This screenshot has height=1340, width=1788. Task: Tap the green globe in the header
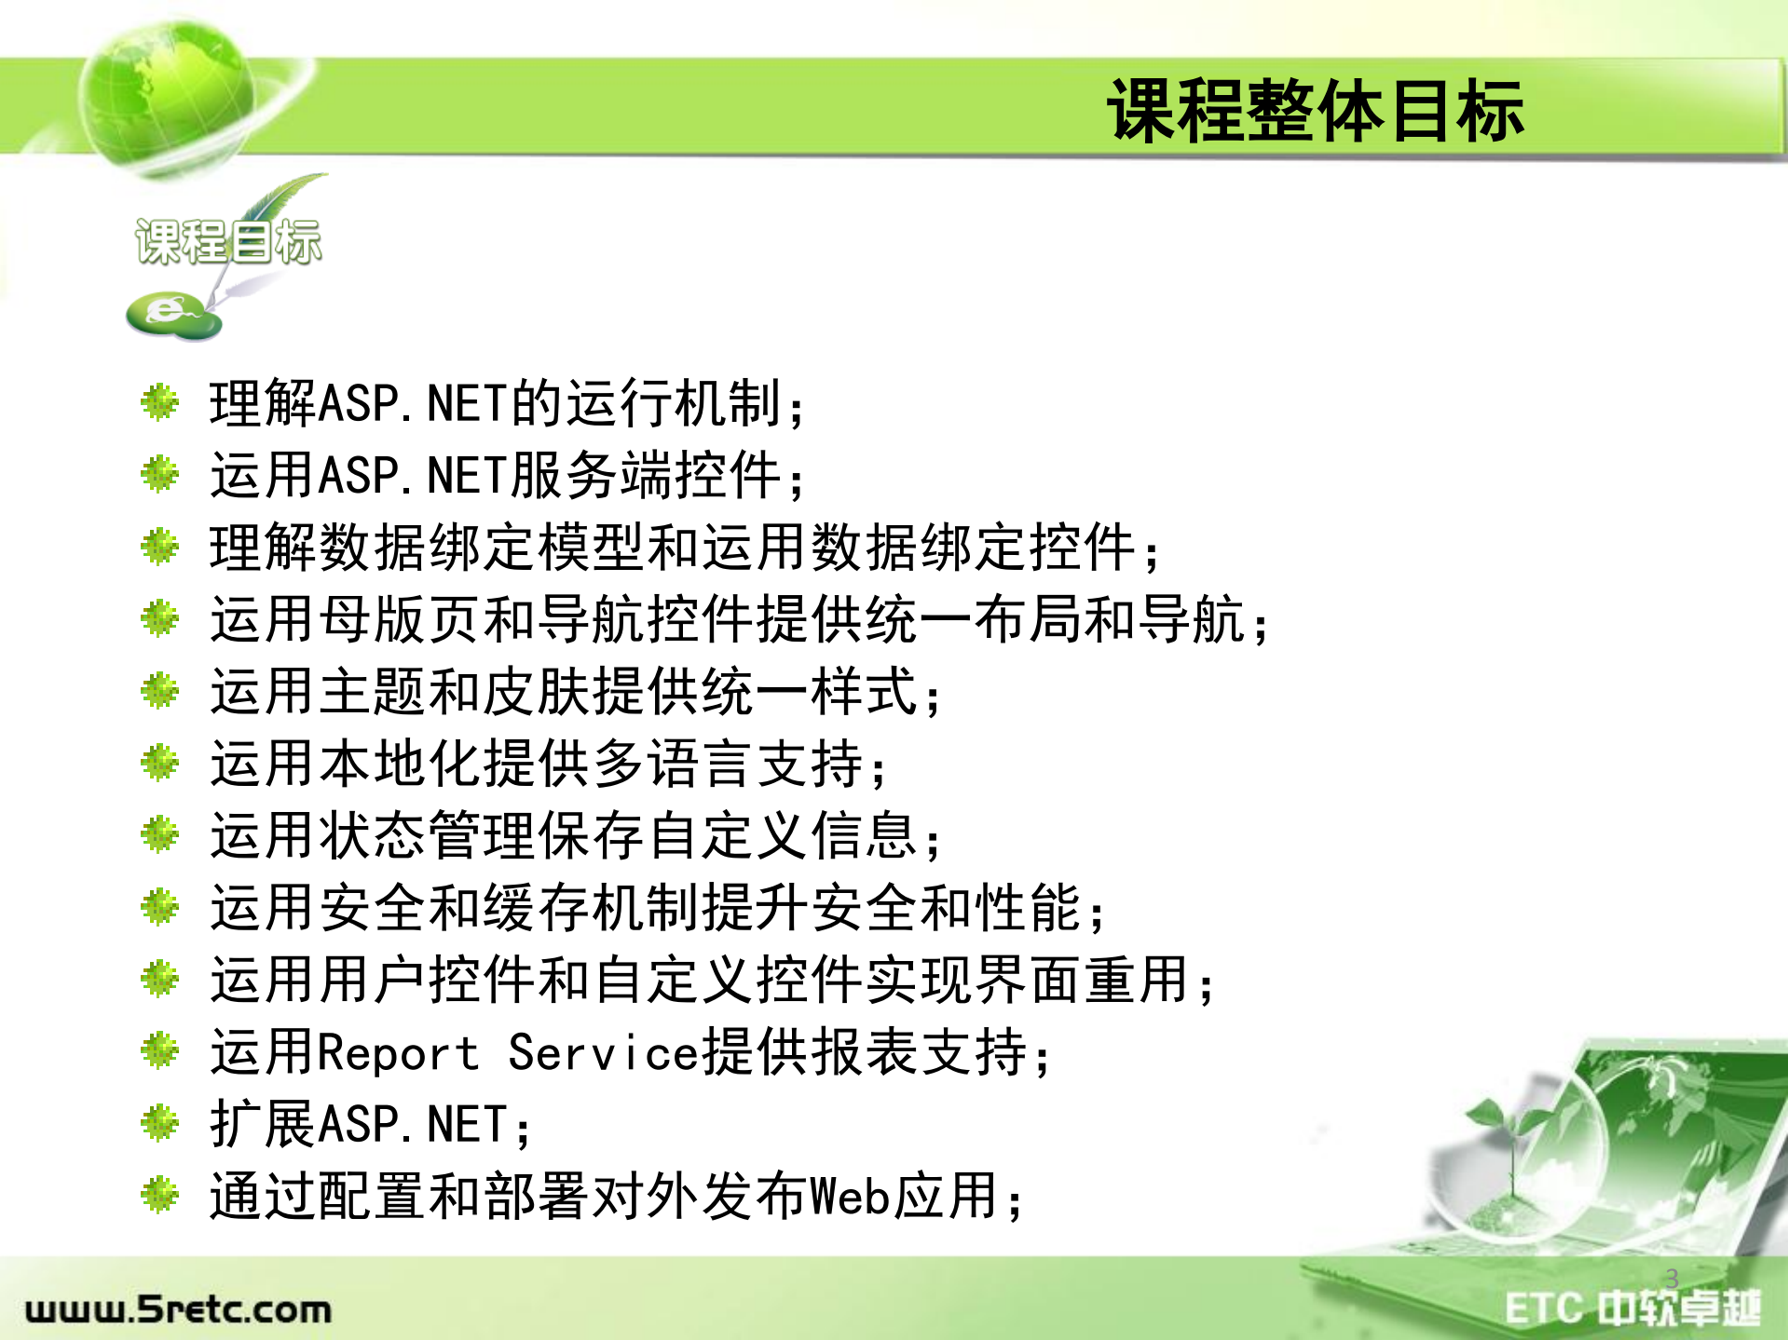click(166, 93)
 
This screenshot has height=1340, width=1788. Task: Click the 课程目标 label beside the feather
click(228, 242)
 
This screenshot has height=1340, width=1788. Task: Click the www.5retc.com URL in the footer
click(178, 1309)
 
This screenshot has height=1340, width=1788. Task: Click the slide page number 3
click(1672, 1278)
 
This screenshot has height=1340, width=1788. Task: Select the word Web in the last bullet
click(851, 1197)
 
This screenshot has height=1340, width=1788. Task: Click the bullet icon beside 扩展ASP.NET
click(159, 1123)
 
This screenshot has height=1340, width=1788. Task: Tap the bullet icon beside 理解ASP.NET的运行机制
click(159, 403)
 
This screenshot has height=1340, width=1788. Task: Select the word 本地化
click(400, 764)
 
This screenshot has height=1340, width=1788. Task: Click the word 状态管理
click(428, 835)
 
